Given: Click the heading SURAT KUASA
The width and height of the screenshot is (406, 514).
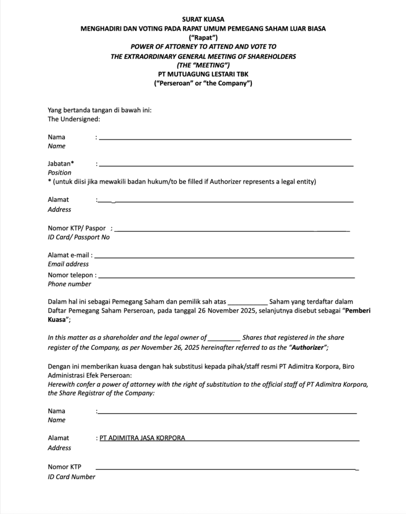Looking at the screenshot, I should [203, 19].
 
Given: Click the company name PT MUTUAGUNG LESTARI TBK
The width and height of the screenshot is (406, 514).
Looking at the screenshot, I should [203, 74].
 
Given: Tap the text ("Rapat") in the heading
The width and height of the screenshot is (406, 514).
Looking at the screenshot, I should [203, 38].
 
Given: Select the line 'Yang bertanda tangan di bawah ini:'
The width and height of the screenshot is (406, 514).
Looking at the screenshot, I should [99, 110].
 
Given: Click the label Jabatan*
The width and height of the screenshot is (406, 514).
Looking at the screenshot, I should [61, 163].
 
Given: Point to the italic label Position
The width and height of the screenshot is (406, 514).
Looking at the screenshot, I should [60, 173].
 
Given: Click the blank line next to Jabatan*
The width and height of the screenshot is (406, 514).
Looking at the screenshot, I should [226, 165].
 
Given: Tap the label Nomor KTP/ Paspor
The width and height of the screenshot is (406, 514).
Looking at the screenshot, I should [77, 228].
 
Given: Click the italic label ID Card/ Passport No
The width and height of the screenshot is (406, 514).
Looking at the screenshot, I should [79, 237].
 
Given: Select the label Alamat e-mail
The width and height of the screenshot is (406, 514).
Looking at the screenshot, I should [70, 255].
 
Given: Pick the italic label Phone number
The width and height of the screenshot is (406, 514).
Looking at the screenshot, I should [70, 284].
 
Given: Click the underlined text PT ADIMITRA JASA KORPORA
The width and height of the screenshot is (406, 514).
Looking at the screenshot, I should [142, 438].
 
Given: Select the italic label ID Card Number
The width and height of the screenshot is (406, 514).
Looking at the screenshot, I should [71, 477].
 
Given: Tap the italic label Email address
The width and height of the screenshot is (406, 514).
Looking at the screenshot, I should [68, 264].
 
